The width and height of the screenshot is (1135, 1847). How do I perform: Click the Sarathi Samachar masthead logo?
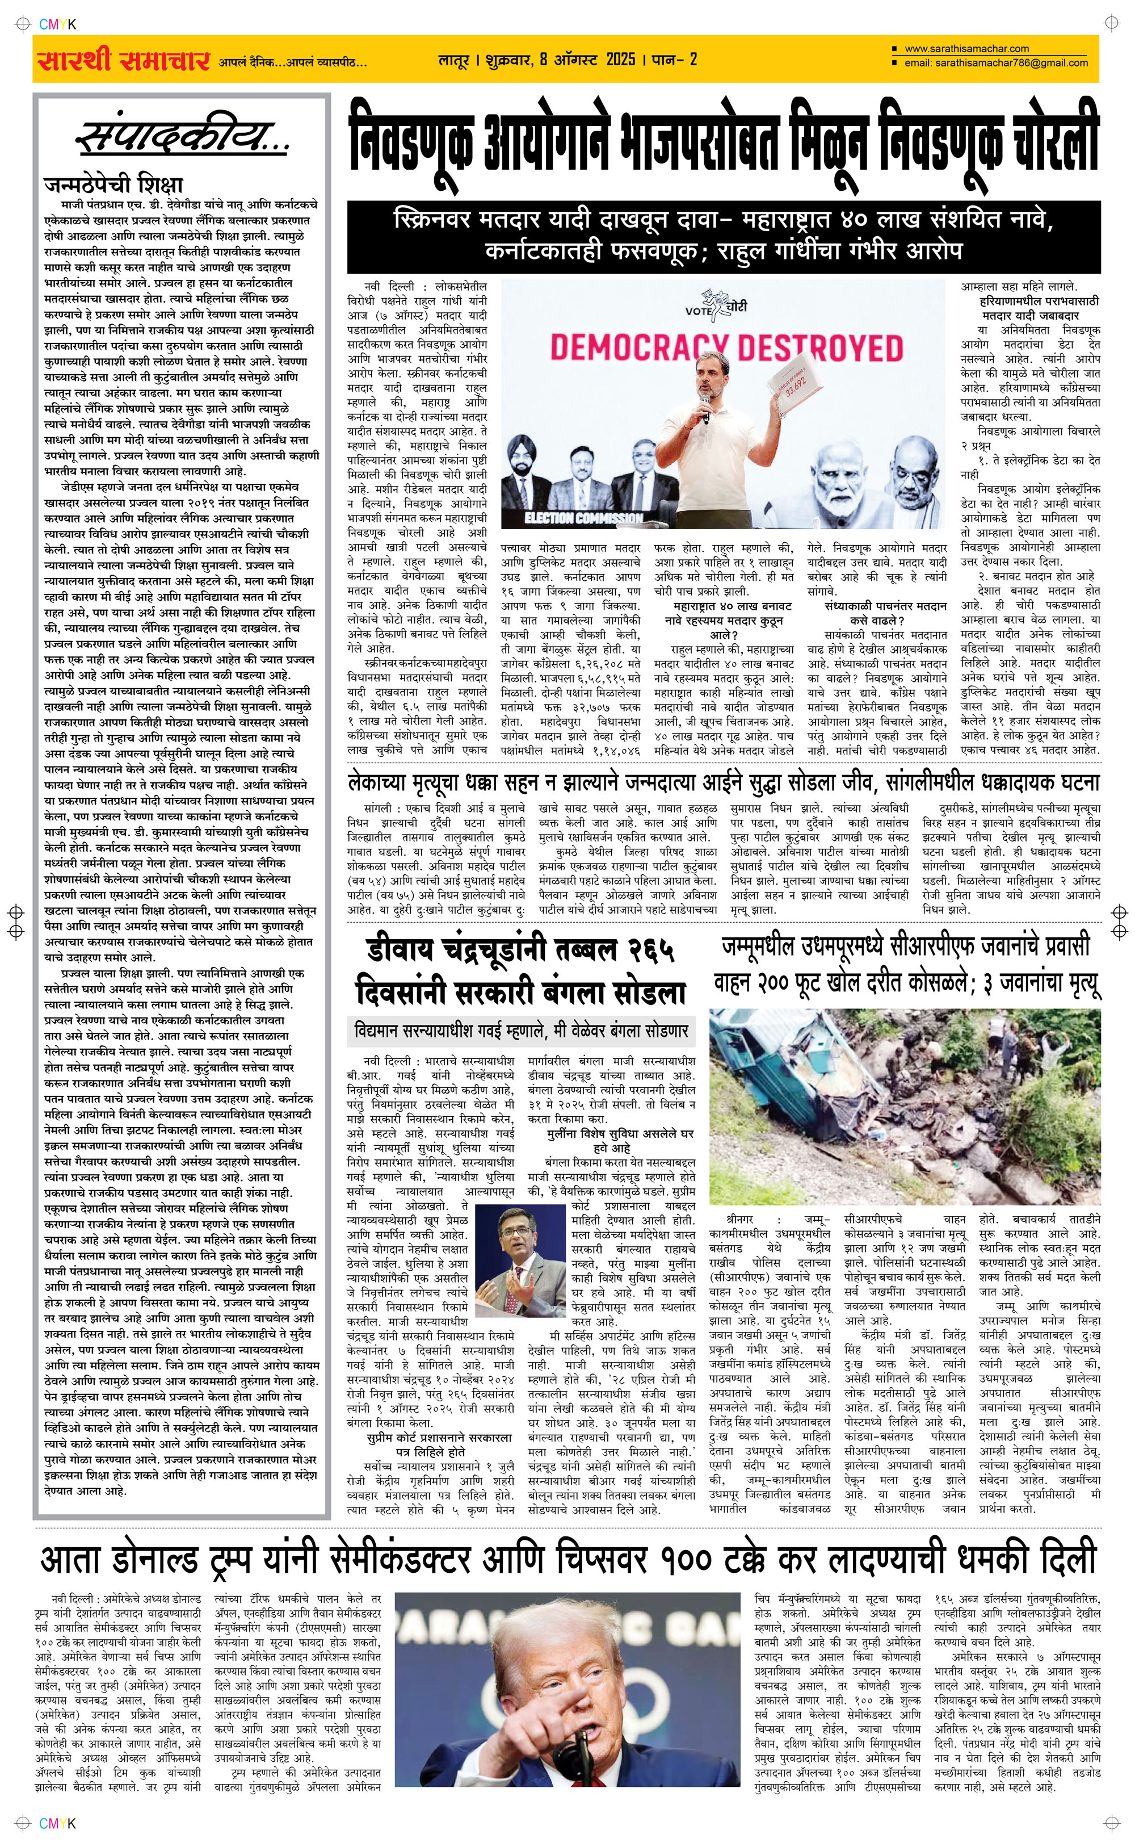[123, 60]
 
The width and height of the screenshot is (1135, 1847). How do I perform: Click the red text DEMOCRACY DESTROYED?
[726, 349]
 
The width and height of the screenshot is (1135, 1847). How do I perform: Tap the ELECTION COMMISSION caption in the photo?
[583, 517]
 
